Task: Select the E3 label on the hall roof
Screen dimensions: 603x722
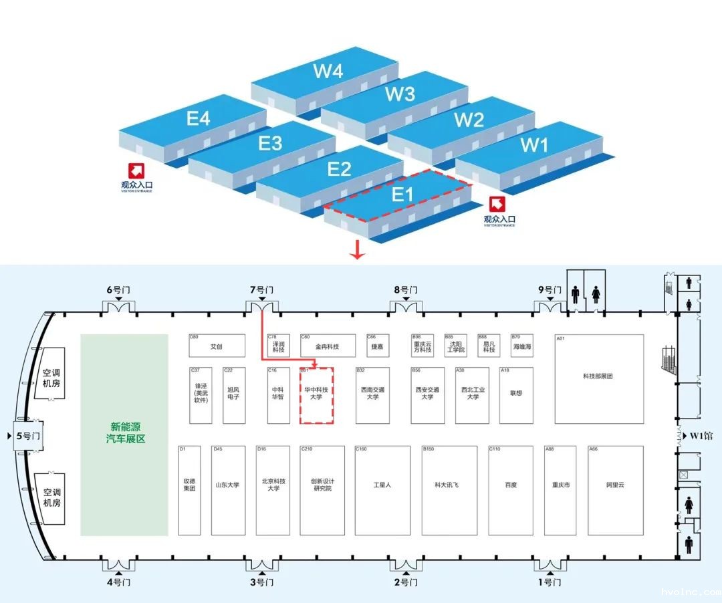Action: [x=271, y=144]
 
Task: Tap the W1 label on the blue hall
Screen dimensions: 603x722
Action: [x=534, y=144]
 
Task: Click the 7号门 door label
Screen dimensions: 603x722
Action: [x=261, y=290]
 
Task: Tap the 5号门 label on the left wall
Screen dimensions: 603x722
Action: [x=27, y=436]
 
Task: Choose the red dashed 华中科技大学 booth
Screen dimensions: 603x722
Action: [x=316, y=394]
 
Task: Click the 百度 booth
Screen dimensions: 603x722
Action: [x=511, y=485]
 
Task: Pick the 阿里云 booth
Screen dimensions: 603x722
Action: [x=615, y=485]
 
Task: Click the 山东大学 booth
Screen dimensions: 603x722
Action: [x=227, y=485]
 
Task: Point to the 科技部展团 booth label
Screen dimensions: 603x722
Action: [x=598, y=376]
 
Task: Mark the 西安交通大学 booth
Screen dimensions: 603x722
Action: [x=428, y=394]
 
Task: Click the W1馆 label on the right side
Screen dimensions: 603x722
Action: [x=701, y=437]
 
